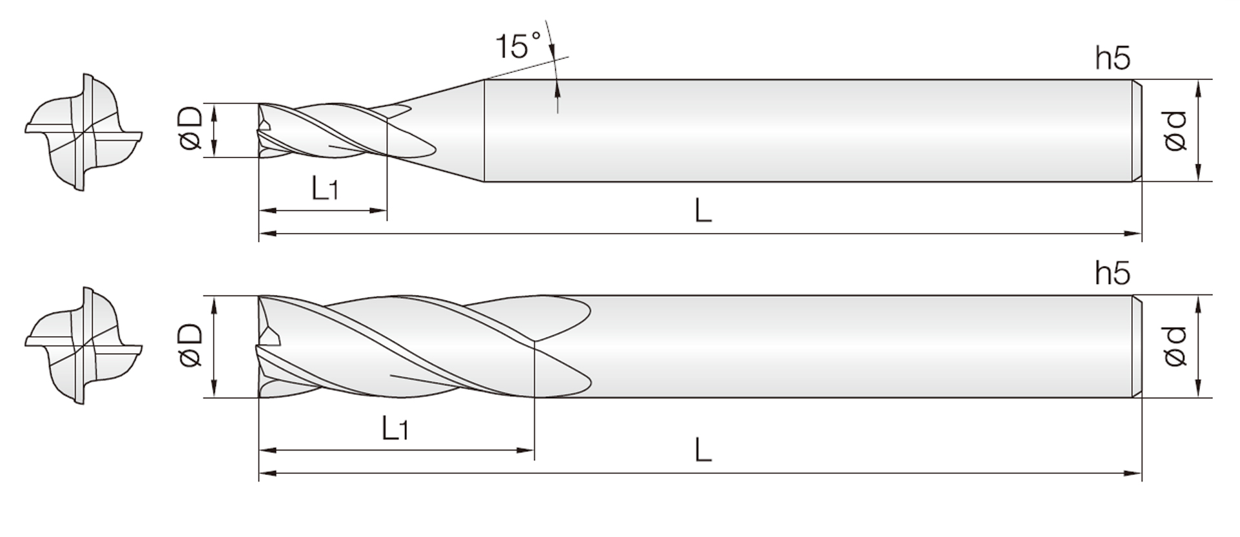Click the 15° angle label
tap(519, 46)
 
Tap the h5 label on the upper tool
tap(1113, 59)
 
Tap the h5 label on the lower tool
tap(1113, 274)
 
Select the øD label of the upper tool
tap(192, 129)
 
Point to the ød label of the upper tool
tap(1177, 131)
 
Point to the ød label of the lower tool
tap(1177, 347)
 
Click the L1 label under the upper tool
tap(325, 188)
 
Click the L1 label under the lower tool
tap(395, 428)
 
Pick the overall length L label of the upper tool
tap(703, 210)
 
